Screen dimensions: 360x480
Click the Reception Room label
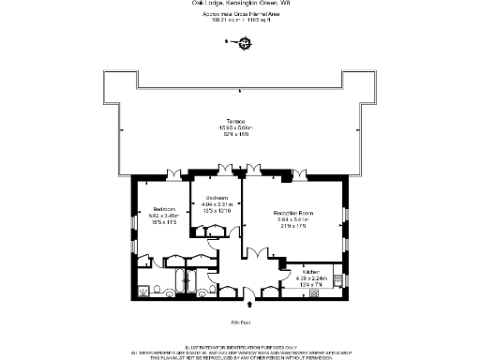pyautogui.click(x=292, y=214)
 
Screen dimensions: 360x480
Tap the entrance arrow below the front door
pyautogui.click(x=248, y=303)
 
